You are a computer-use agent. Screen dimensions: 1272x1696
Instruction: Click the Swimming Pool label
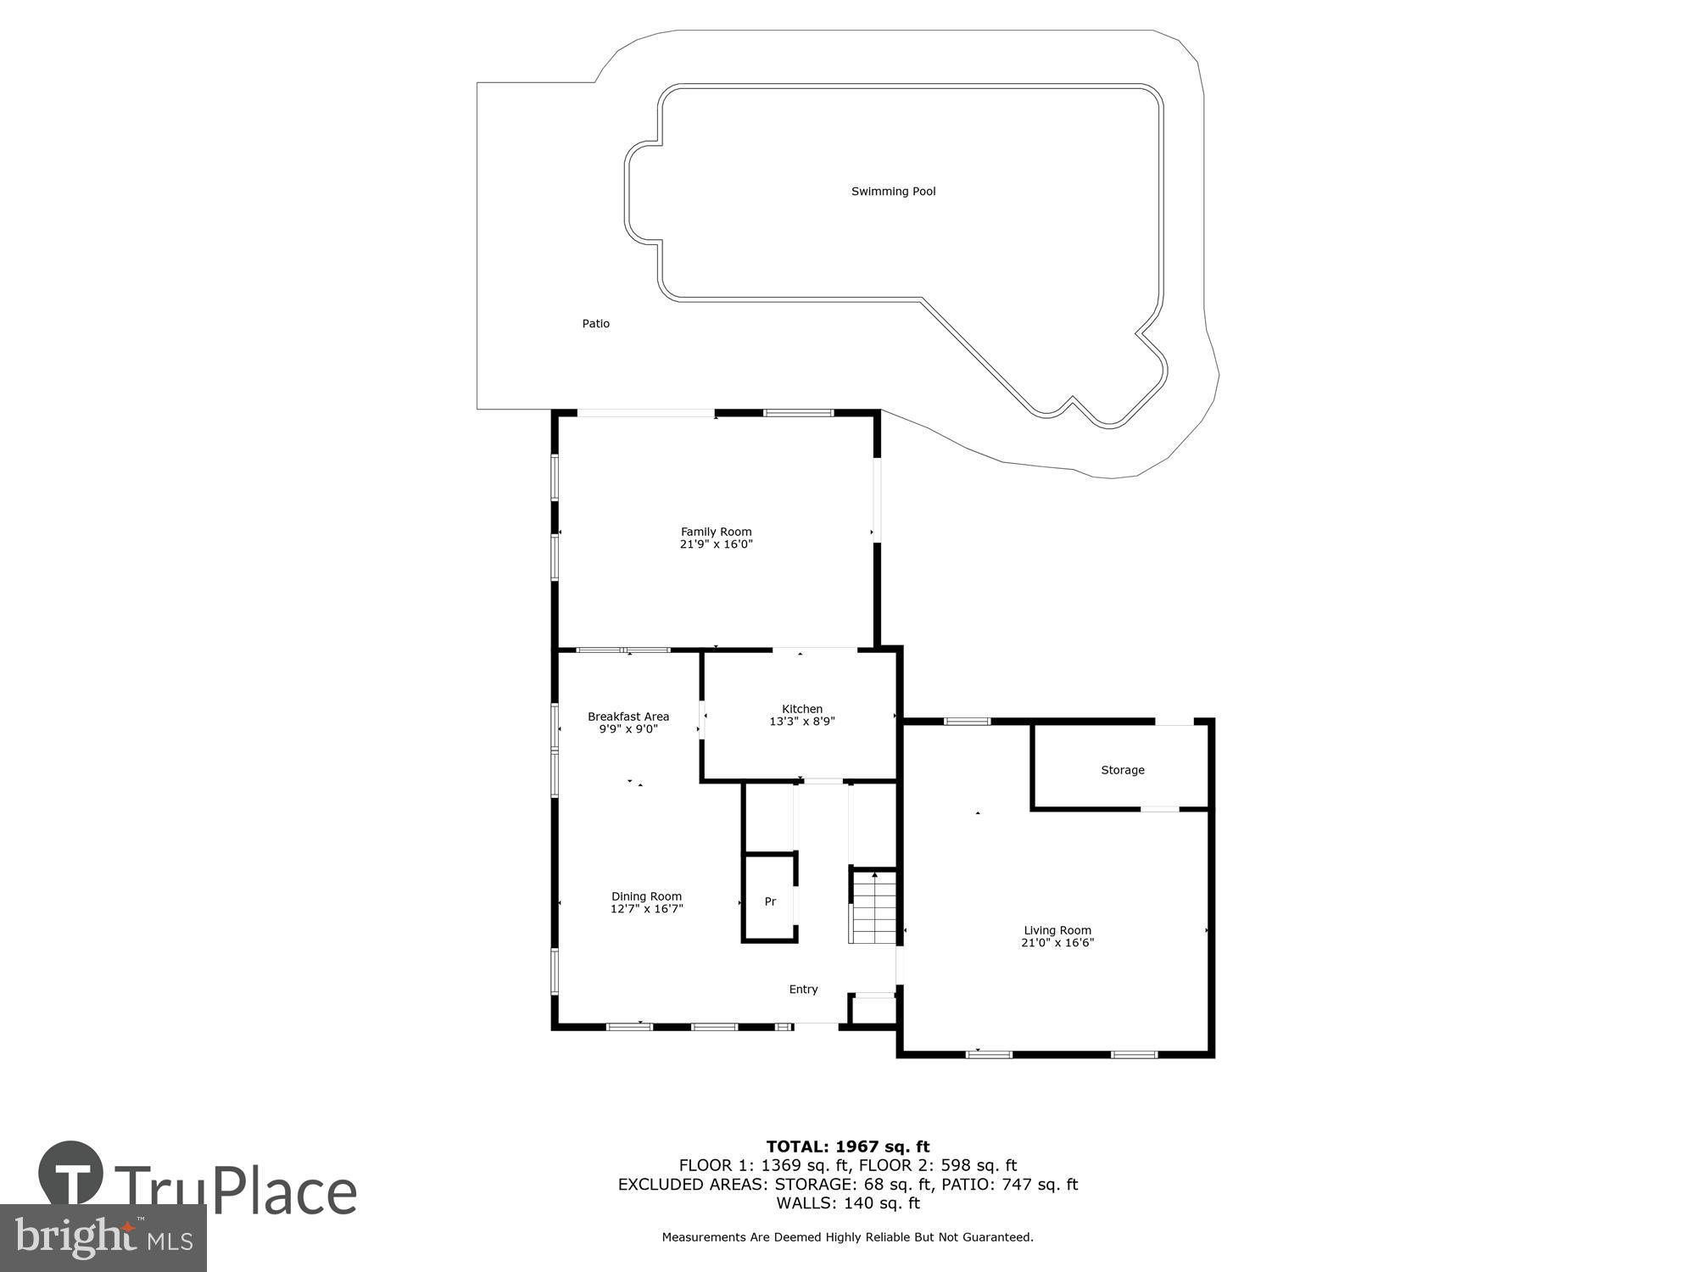[x=893, y=192]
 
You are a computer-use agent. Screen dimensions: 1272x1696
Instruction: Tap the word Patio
[x=595, y=324]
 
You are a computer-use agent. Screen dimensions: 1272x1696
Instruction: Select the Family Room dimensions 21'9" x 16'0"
[x=716, y=544]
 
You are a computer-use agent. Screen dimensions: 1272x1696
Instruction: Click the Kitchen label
[x=801, y=709]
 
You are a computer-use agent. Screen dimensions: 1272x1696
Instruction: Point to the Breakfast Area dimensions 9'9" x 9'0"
[x=628, y=729]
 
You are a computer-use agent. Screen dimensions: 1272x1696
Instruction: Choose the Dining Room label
[x=646, y=896]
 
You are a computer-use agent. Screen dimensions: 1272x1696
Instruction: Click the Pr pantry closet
[x=770, y=901]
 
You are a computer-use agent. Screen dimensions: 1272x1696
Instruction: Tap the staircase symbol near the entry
[x=873, y=907]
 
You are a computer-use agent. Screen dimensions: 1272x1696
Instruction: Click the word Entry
[x=803, y=990]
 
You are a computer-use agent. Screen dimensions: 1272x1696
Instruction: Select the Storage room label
[x=1122, y=770]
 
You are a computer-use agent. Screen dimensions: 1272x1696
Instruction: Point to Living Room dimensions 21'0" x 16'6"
[x=1057, y=943]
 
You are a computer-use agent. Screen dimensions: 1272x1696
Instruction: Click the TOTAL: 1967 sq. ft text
[x=848, y=1146]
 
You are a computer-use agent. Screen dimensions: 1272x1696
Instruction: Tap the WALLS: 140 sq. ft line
[x=848, y=1202]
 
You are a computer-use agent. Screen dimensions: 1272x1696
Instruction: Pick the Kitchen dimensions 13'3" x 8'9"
[x=801, y=722]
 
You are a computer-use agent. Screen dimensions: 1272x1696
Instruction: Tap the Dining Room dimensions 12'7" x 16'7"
[x=646, y=909]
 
